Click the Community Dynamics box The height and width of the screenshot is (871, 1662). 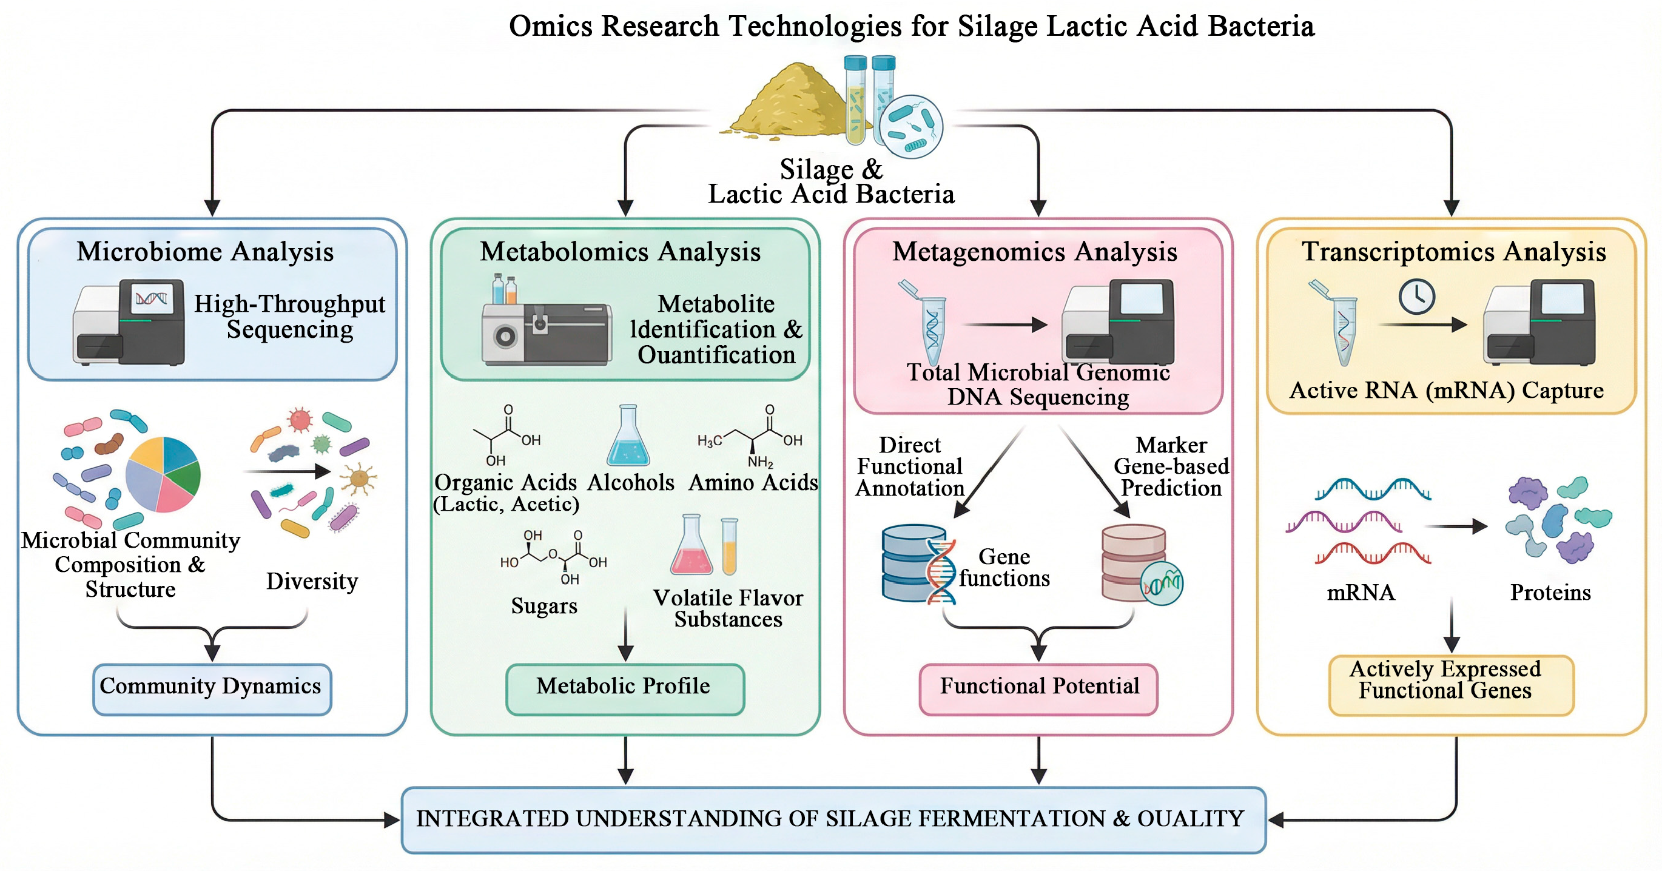[212, 688]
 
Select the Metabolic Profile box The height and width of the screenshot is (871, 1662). [624, 688]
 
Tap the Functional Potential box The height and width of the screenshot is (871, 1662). [1038, 688]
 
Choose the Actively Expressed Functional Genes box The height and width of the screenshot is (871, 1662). [1450, 685]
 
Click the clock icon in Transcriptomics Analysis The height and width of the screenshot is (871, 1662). [1416, 297]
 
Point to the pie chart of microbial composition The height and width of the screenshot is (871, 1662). [163, 474]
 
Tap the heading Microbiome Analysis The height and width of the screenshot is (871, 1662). [205, 252]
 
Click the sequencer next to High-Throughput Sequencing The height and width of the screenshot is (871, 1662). [129, 323]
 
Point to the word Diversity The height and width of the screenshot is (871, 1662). [312, 581]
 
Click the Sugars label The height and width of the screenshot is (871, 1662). [544, 606]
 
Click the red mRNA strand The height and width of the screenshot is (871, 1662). [1372, 554]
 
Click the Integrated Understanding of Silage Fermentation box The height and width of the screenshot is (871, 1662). [833, 819]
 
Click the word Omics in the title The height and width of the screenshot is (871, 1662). [550, 27]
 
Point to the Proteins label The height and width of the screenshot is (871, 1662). [1550, 592]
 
